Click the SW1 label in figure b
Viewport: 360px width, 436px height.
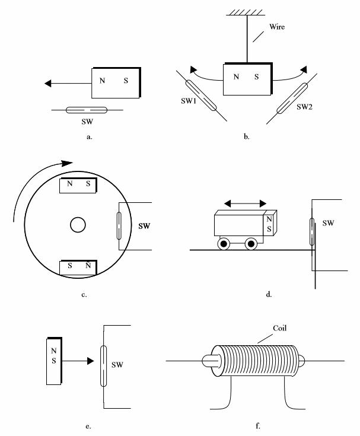189,101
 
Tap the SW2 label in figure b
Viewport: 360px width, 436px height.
304,107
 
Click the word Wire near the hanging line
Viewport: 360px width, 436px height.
277,27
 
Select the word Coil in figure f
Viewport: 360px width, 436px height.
280,328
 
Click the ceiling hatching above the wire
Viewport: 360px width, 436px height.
246,12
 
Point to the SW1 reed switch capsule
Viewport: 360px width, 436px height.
200,96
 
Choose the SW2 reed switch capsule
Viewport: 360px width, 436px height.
292,98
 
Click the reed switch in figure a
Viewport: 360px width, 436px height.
87,110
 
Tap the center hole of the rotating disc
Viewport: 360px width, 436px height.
78,225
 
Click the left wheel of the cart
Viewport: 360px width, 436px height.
224,244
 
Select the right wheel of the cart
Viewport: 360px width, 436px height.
251,244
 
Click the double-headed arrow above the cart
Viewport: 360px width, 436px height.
245,203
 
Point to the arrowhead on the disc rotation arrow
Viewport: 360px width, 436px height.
66,163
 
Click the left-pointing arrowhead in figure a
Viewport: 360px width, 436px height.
48,83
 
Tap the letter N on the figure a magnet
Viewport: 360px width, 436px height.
102,81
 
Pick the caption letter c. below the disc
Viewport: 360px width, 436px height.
84,295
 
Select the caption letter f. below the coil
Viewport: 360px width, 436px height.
258,426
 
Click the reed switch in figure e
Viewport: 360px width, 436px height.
103,366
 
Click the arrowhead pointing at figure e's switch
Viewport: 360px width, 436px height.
91,361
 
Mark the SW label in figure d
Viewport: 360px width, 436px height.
329,223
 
